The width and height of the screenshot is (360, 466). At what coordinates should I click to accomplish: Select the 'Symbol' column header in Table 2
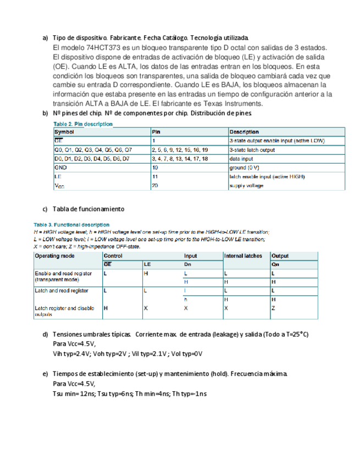(x=64, y=132)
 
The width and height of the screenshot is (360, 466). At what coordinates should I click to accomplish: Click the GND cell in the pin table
(x=60, y=167)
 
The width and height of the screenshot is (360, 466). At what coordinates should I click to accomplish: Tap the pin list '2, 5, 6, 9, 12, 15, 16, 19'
(x=179, y=149)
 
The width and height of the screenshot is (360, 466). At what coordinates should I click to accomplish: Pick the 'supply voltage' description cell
(x=246, y=186)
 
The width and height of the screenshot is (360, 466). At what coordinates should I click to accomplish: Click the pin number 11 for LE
(x=155, y=176)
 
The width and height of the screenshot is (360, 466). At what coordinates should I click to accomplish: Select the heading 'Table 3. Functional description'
(x=71, y=225)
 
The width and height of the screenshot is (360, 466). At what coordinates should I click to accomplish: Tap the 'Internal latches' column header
(x=243, y=256)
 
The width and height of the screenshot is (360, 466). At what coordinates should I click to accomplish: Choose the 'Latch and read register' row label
(x=61, y=290)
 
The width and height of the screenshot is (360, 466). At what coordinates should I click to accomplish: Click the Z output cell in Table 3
(x=274, y=309)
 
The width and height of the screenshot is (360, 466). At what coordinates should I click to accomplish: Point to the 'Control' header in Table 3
(x=113, y=256)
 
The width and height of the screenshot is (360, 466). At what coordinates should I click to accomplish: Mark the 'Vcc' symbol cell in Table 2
(x=59, y=186)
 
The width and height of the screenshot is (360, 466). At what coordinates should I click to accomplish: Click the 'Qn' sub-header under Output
(x=275, y=265)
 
